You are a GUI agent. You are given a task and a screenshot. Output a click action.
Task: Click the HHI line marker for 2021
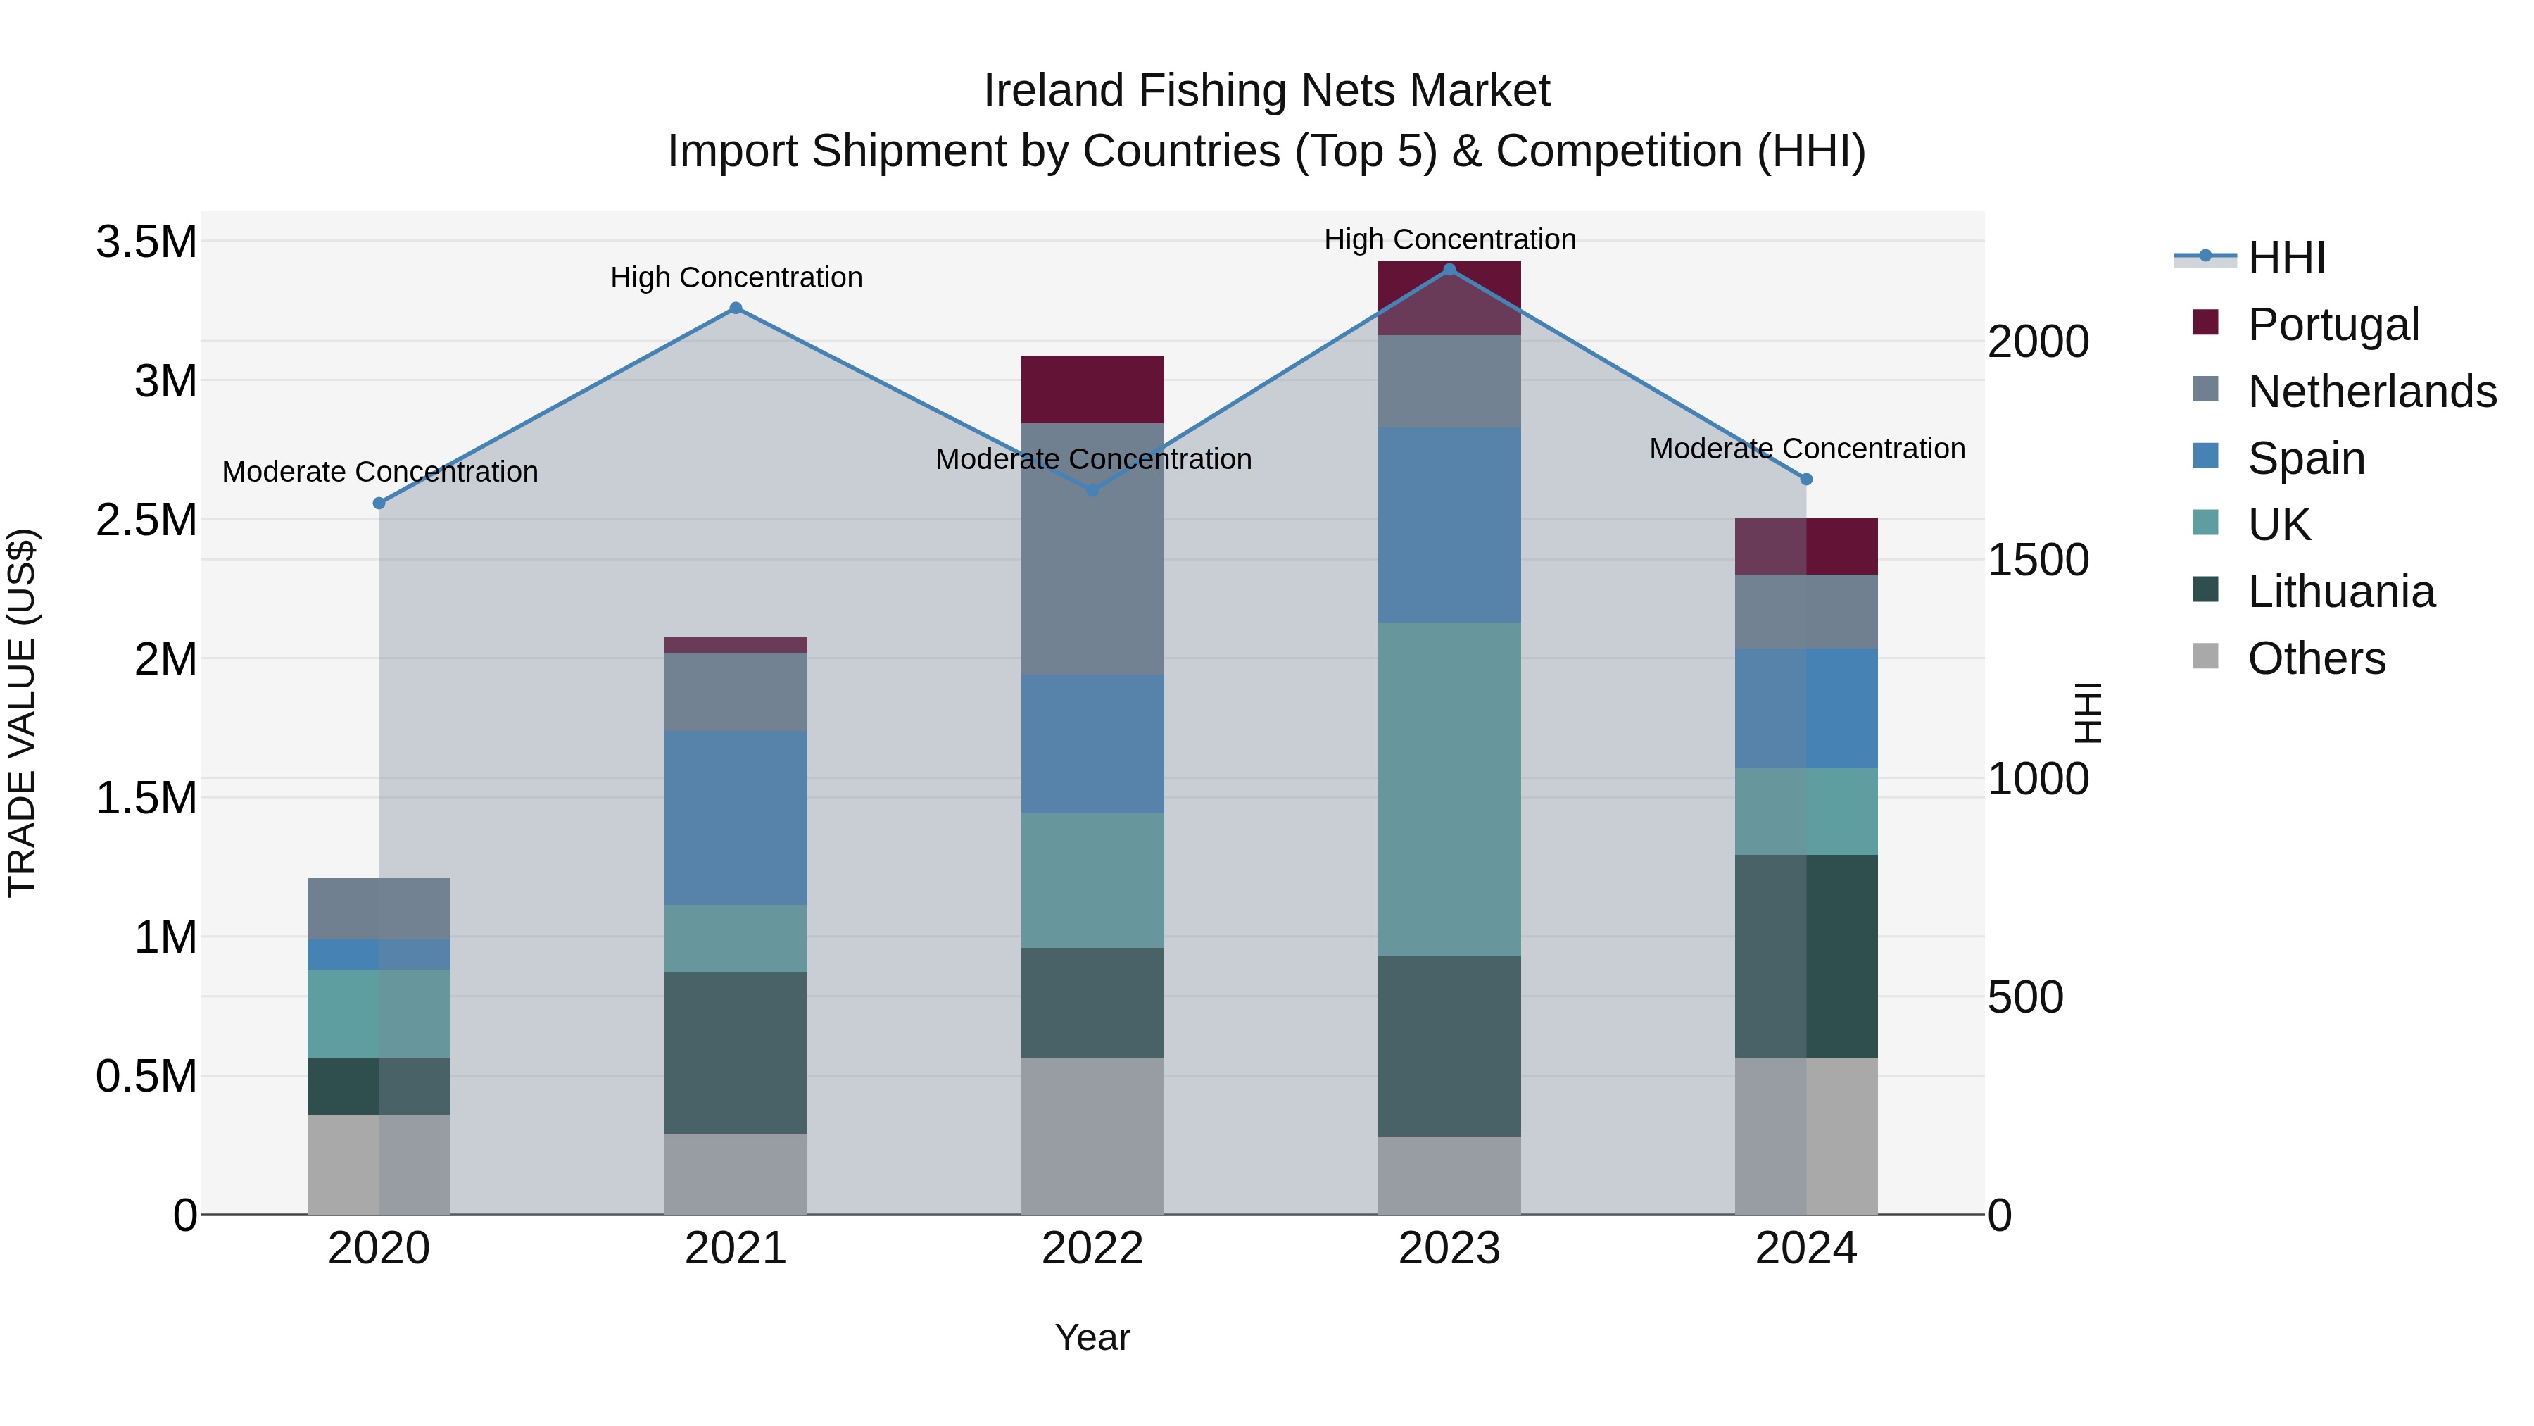(x=736, y=308)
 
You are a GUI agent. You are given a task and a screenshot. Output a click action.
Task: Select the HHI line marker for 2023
(x=1449, y=270)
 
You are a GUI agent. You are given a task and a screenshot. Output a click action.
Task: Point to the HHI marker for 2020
(x=379, y=503)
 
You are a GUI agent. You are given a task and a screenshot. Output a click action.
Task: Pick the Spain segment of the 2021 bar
(x=736, y=818)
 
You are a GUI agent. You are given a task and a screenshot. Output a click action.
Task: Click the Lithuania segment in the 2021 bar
(x=736, y=1053)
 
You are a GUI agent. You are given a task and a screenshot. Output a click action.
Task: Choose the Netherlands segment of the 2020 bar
(x=379, y=908)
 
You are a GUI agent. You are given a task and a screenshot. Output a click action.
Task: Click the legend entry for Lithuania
(x=2340, y=592)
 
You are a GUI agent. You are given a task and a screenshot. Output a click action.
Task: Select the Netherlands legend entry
(x=2371, y=391)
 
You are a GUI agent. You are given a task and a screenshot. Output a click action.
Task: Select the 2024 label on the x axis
(x=1806, y=1249)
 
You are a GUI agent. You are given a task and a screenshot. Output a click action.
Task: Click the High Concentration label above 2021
(x=736, y=277)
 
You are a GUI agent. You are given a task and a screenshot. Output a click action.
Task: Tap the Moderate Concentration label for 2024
(x=1806, y=449)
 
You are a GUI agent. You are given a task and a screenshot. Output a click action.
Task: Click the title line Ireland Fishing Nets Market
(x=1266, y=91)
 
